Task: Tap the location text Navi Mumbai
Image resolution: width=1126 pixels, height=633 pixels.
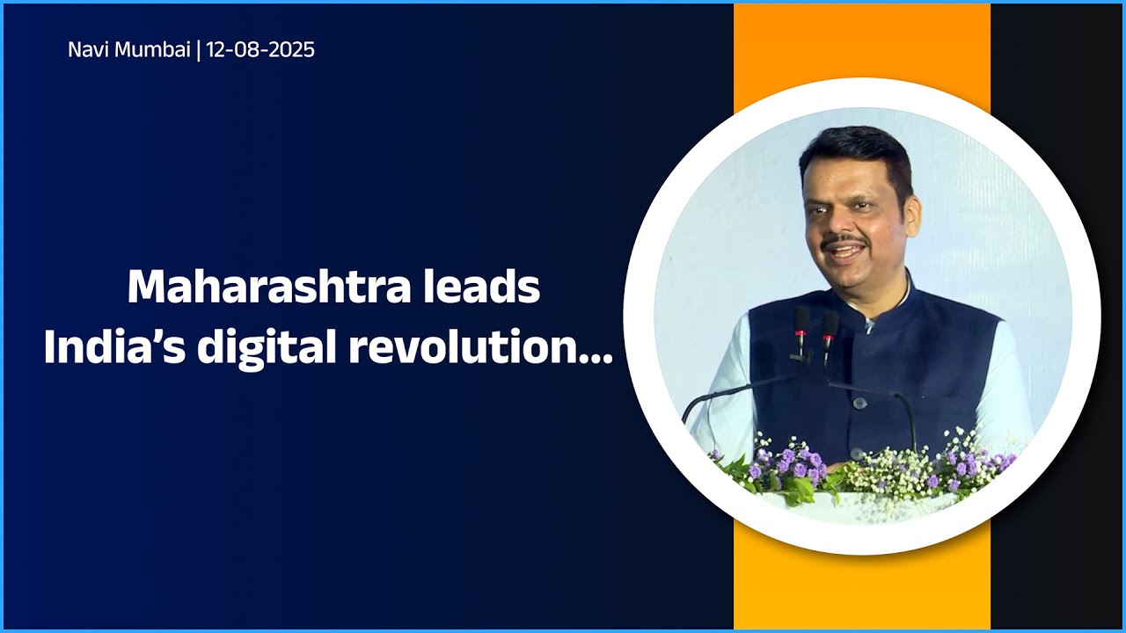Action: pyautogui.click(x=128, y=50)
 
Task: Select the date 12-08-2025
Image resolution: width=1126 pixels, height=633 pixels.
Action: pyautogui.click(x=260, y=50)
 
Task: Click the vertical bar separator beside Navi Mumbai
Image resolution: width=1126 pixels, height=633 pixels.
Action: pyautogui.click(x=199, y=50)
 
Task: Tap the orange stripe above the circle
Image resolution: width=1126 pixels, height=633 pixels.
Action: pyautogui.click(x=862, y=44)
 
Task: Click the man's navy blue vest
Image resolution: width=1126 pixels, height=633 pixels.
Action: pyautogui.click(x=932, y=369)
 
